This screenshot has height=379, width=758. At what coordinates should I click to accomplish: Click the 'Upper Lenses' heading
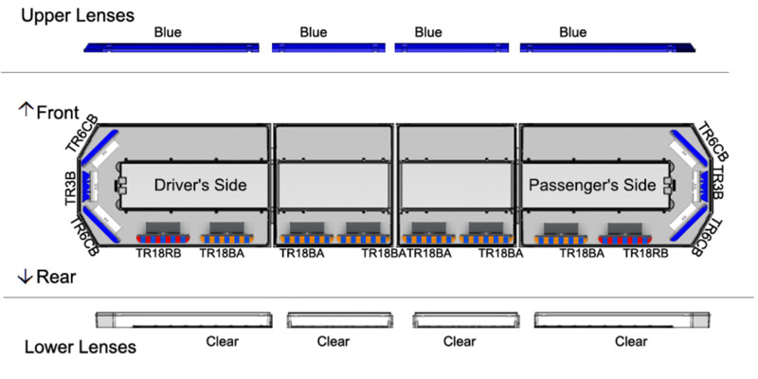pyautogui.click(x=78, y=15)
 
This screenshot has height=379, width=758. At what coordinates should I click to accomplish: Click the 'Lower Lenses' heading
pyautogui.click(x=81, y=347)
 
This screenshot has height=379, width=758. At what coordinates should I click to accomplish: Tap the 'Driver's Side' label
pyautogui.click(x=200, y=185)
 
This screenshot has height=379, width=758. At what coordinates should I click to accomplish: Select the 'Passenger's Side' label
pyautogui.click(x=592, y=185)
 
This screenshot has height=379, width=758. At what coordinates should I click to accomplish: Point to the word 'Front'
pyautogui.click(x=58, y=113)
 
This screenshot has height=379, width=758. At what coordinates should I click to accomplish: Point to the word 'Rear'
pyautogui.click(x=56, y=277)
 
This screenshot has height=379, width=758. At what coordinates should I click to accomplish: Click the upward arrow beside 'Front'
pyautogui.click(x=26, y=109)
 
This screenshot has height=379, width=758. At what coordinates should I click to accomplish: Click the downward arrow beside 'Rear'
pyautogui.click(x=25, y=277)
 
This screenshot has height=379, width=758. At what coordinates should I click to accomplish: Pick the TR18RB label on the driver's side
pyautogui.click(x=159, y=253)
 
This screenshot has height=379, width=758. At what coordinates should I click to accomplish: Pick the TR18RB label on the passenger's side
pyautogui.click(x=646, y=253)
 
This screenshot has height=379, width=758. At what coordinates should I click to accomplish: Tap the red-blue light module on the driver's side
pyautogui.click(x=163, y=239)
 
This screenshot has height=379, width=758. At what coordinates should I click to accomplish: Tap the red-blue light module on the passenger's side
pyautogui.click(x=625, y=240)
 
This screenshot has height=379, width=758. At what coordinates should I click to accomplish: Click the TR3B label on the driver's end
pyautogui.click(x=71, y=188)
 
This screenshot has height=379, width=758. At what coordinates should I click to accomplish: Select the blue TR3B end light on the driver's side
pyautogui.click(x=87, y=186)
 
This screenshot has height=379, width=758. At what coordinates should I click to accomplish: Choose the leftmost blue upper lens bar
pyautogui.click(x=171, y=47)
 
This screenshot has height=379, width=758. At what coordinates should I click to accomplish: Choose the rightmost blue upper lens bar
pyautogui.click(x=607, y=47)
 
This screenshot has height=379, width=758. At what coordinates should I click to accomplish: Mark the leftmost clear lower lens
pyautogui.click(x=184, y=320)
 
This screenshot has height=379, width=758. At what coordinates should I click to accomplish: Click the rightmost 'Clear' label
pyautogui.click(x=631, y=342)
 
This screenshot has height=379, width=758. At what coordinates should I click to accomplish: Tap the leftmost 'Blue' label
pyautogui.click(x=168, y=32)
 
